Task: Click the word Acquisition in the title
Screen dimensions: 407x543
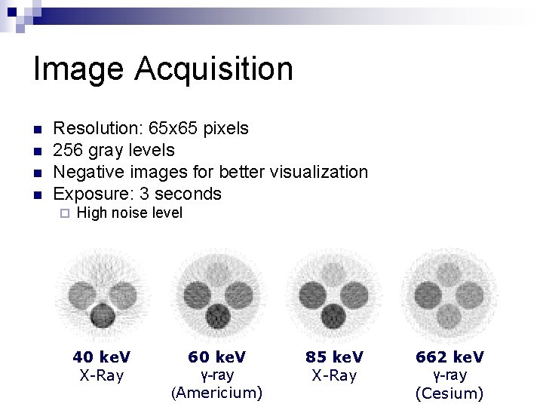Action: [214, 69]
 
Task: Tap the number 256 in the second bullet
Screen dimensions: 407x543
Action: [69, 150]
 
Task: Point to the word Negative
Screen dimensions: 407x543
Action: [86, 172]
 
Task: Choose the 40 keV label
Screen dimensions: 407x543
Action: [101, 357]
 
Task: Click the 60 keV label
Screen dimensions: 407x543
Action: [217, 357]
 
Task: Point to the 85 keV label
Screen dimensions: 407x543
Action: [334, 357]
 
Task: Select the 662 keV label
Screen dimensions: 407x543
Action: [450, 357]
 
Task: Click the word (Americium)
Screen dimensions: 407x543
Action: [217, 393]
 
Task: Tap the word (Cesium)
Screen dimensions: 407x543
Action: [450, 393]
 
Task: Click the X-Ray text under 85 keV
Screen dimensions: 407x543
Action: [334, 375]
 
